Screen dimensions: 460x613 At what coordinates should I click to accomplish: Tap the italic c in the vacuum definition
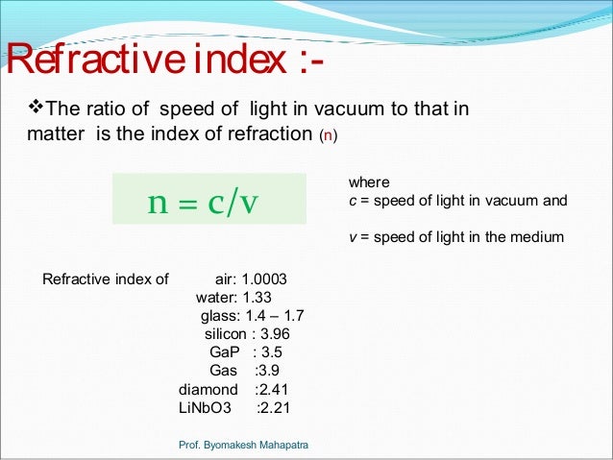tap(352, 201)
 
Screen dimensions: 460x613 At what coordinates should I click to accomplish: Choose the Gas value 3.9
tap(267, 371)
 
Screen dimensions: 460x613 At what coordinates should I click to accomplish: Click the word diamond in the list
tap(208, 389)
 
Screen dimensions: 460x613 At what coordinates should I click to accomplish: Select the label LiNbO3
tap(206, 407)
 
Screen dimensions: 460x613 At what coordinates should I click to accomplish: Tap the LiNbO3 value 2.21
tap(274, 407)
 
